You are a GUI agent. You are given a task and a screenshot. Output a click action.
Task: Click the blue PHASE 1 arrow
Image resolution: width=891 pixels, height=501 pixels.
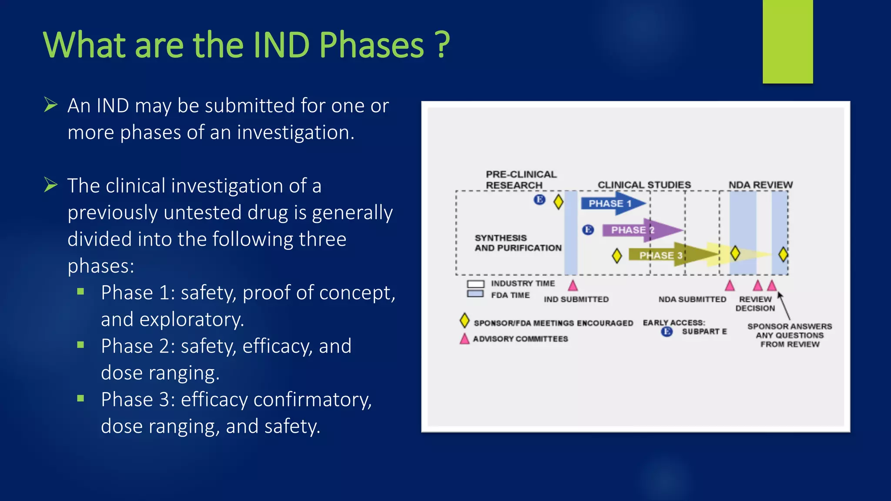point(611,204)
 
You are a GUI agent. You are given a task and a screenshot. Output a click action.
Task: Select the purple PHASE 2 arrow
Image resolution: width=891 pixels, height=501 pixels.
point(640,230)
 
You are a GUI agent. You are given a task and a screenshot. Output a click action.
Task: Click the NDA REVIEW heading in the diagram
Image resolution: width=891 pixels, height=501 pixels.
point(760,185)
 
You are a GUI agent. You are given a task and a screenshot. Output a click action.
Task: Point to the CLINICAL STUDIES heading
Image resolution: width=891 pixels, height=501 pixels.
point(644,185)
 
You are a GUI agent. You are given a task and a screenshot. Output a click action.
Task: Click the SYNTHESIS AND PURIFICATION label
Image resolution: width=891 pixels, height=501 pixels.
point(518,243)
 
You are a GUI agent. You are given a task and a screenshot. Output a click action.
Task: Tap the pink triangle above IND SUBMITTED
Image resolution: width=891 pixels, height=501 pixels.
point(573,286)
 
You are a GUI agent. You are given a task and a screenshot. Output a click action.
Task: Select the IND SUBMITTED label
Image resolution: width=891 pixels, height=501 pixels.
point(576,299)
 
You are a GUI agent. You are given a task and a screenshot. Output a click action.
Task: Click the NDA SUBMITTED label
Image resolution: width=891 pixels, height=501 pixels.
point(692,299)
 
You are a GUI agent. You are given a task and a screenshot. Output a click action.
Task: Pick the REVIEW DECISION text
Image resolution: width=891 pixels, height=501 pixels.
point(755,304)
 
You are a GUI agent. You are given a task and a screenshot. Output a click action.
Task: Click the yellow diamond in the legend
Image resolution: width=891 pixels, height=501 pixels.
point(465,321)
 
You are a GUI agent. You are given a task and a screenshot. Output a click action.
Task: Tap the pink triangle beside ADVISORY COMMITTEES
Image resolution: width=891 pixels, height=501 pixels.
point(465,339)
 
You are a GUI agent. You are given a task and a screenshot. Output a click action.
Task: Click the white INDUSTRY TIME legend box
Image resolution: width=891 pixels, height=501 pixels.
point(475,284)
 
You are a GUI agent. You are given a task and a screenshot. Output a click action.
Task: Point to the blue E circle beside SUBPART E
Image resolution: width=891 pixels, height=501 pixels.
point(667,332)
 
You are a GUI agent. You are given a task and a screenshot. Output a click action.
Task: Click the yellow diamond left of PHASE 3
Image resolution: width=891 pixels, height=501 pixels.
point(616,256)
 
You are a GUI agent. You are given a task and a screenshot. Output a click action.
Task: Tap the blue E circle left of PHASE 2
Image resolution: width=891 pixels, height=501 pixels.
point(588,230)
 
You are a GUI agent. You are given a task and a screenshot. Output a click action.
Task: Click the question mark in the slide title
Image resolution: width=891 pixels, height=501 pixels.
point(442,45)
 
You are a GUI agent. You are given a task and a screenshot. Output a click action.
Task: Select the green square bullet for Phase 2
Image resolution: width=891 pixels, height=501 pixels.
point(80,345)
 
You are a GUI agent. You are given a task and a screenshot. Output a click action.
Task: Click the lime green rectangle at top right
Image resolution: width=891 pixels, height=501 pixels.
point(787,41)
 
